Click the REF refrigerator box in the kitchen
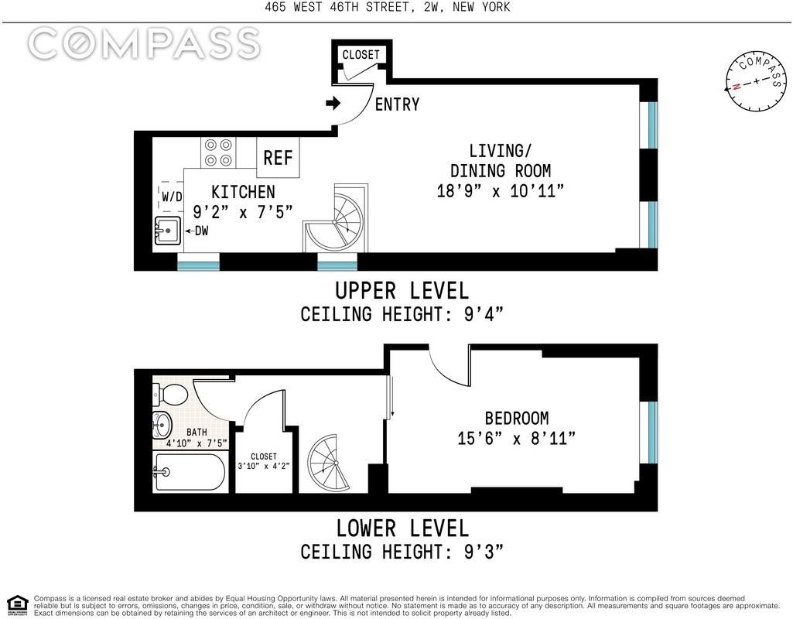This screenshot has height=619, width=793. (278, 157)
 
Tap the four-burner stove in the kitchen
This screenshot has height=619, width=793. (218, 152)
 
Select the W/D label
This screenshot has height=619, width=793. (172, 197)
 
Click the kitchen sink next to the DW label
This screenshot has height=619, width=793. (167, 231)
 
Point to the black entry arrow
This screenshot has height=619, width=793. (333, 104)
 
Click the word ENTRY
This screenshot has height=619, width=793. (397, 104)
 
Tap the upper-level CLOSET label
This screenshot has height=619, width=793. (361, 55)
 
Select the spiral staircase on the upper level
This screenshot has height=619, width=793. (336, 218)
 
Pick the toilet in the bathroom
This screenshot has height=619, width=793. (169, 394)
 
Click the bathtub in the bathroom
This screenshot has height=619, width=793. (190, 472)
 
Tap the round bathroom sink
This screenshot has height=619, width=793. (162, 425)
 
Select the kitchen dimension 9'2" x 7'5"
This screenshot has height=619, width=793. (243, 212)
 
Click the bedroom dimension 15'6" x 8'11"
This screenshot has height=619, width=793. (516, 438)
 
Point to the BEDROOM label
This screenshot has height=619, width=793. (516, 419)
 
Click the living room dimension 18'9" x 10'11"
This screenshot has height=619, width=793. (501, 191)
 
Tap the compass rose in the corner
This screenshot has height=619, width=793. (756, 81)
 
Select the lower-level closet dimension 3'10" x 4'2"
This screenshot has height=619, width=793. (264, 466)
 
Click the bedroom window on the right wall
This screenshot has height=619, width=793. (652, 433)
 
